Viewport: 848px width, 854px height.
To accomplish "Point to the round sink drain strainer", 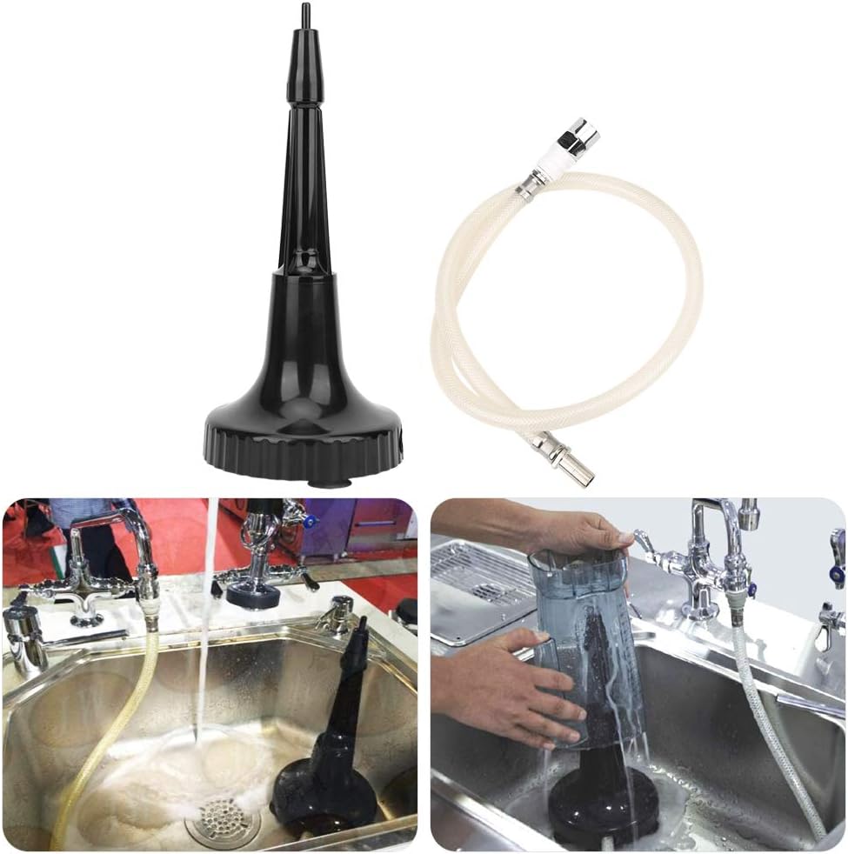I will click(x=223, y=820).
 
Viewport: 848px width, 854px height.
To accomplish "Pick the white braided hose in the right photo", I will click(x=774, y=739).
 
